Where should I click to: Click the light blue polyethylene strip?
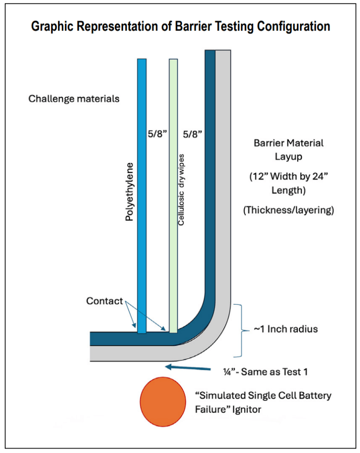[x=142, y=195]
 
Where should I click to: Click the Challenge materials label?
[x=74, y=99]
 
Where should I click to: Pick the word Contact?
[x=104, y=301]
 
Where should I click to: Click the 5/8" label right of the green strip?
[x=192, y=133]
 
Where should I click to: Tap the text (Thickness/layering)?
[x=288, y=211]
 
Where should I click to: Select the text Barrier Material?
[x=288, y=143]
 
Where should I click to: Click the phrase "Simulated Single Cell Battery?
[x=264, y=395]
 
